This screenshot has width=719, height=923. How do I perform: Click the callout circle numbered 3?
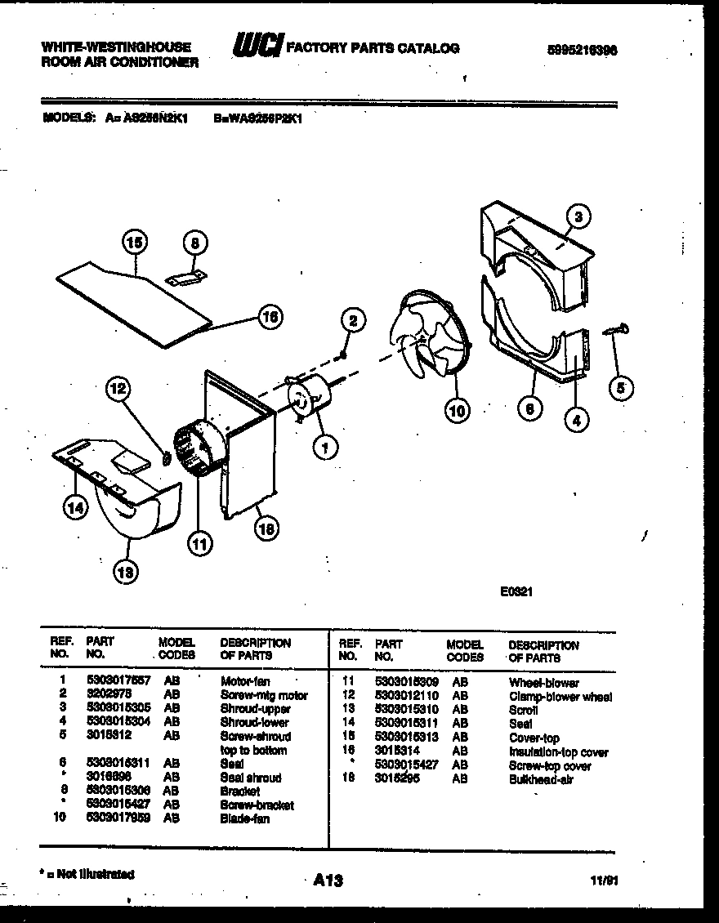pyautogui.click(x=578, y=217)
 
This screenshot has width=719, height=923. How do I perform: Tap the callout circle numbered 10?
pyautogui.click(x=457, y=411)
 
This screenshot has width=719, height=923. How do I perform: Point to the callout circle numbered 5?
pyautogui.click(x=621, y=389)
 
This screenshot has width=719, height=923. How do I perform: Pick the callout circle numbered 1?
pyautogui.click(x=325, y=447)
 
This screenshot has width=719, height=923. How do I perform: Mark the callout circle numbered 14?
pyautogui.click(x=76, y=508)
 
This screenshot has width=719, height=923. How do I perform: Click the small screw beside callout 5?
pyautogui.click(x=616, y=330)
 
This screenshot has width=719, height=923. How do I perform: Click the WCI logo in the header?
pyautogui.click(x=256, y=47)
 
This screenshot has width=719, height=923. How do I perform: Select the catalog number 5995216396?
pyautogui.click(x=581, y=49)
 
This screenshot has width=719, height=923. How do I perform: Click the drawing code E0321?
pyautogui.click(x=516, y=595)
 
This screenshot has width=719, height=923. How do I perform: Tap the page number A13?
pyautogui.click(x=328, y=881)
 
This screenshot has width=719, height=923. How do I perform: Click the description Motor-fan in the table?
pyautogui.click(x=245, y=680)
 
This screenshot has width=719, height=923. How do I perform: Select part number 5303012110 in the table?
pyautogui.click(x=407, y=697)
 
